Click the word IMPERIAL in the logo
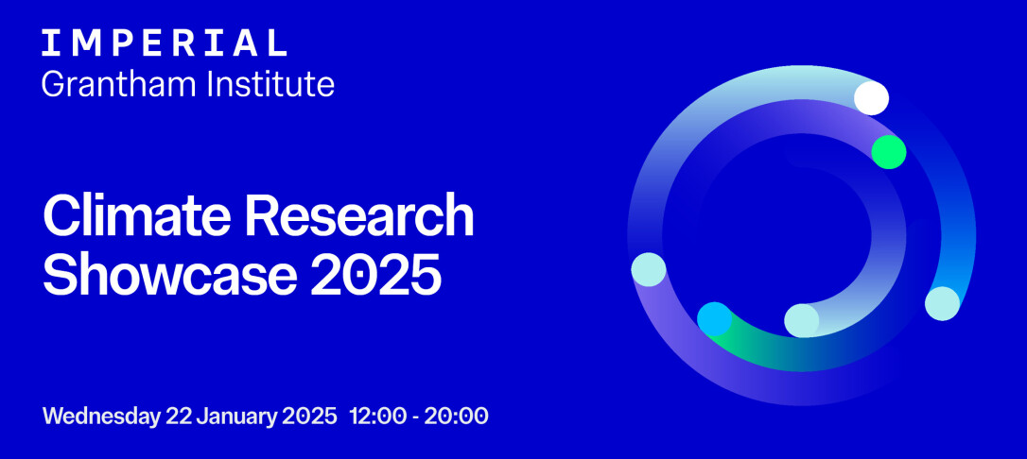click(x=165, y=43)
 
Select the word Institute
click(x=270, y=84)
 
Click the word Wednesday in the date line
click(x=101, y=416)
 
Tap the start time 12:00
click(x=378, y=416)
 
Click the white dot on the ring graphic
click(x=872, y=98)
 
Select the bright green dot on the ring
click(x=889, y=152)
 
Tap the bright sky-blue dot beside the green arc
click(x=714, y=319)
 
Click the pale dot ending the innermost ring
click(x=802, y=321)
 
